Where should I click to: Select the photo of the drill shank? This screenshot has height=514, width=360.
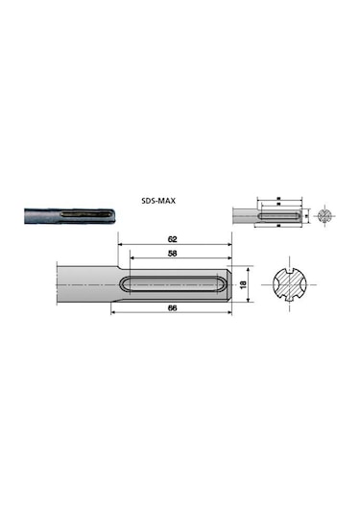[66, 216]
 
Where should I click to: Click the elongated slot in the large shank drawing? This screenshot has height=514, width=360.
[179, 285]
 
